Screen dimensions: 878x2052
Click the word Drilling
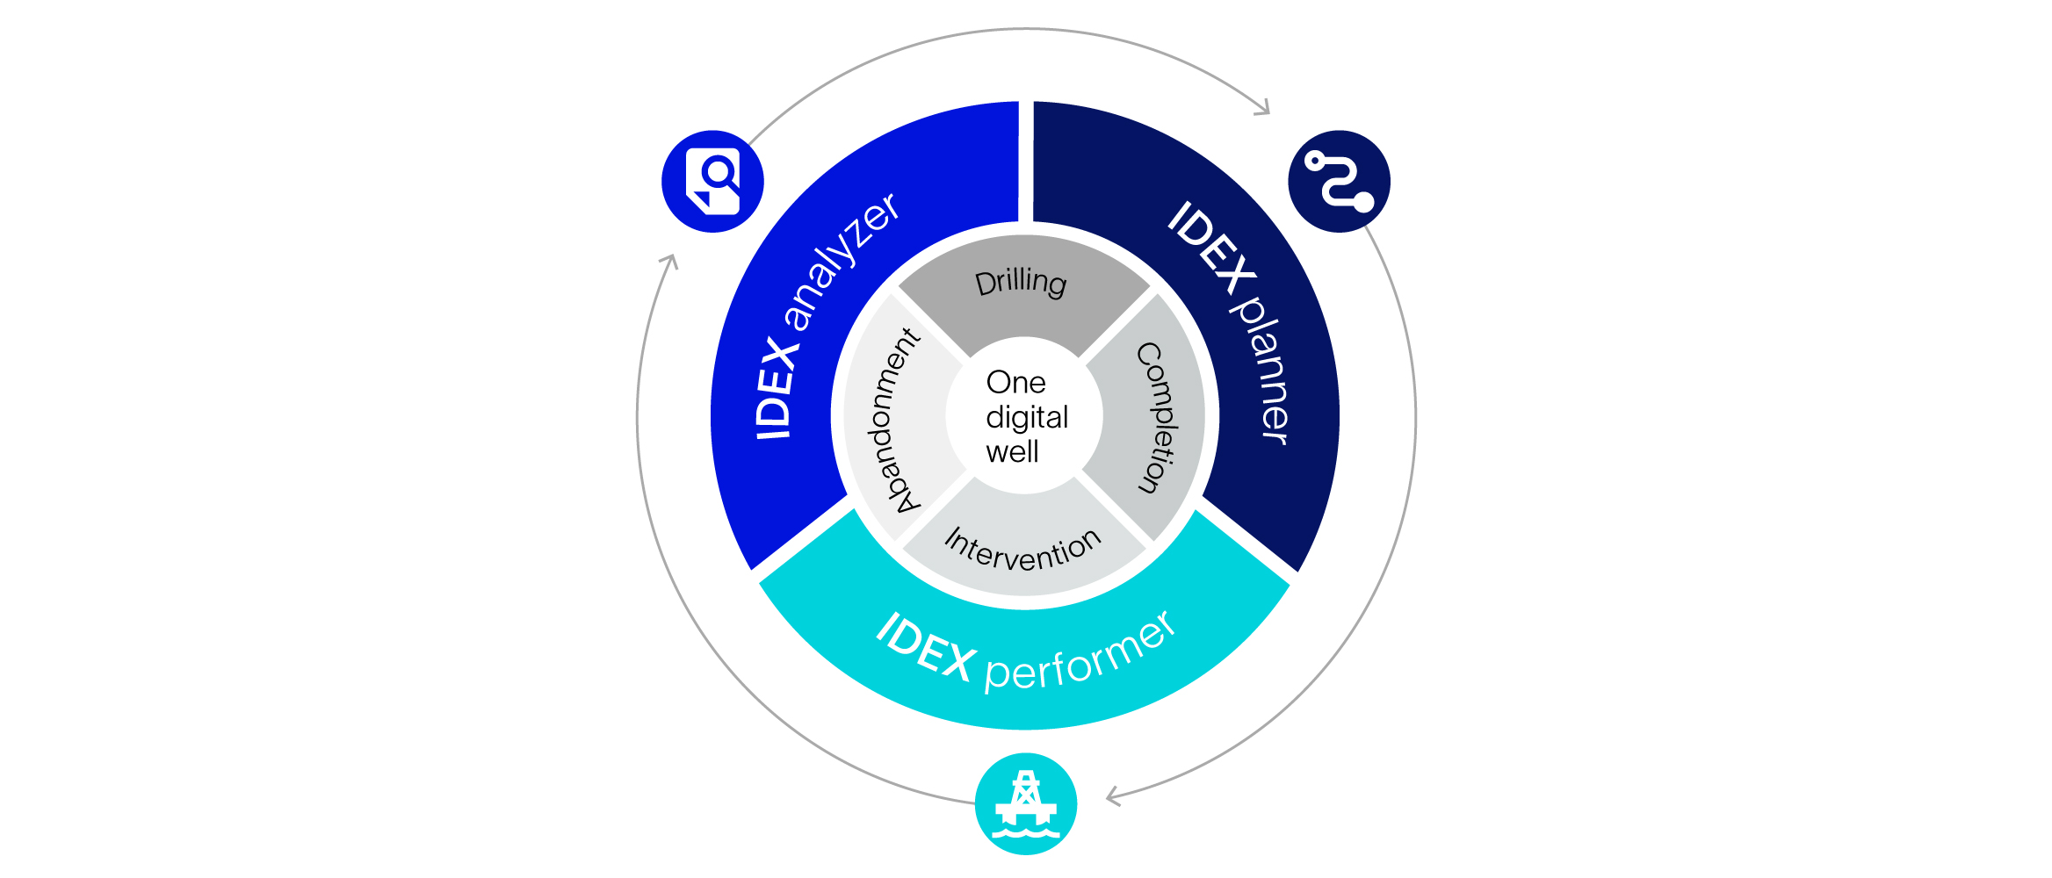pyautogui.click(x=1021, y=283)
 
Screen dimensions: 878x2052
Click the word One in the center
pyautogui.click(x=1015, y=383)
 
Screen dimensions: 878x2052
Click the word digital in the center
pyautogui.click(x=1027, y=417)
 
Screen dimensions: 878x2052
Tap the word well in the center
pyautogui.click(x=1012, y=452)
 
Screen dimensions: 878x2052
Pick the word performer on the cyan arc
pyautogui.click(x=1080, y=654)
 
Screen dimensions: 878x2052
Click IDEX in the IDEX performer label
pyautogui.click(x=926, y=648)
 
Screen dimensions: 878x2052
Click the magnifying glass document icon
pyautogui.click(x=712, y=182)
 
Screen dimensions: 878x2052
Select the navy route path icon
pyautogui.click(x=1339, y=182)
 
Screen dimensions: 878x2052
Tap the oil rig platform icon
pyautogui.click(x=1025, y=803)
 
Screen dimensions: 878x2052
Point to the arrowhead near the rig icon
pyautogui.click(x=1113, y=796)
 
